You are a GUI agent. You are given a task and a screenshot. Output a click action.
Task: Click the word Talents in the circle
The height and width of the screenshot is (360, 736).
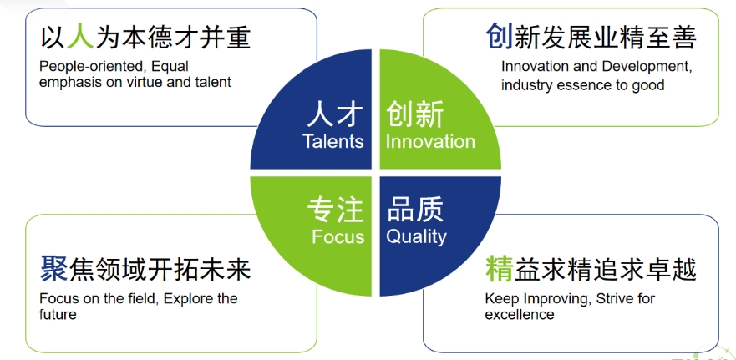click(333, 141)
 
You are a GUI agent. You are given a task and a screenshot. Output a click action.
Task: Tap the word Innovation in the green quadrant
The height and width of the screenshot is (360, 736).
click(430, 141)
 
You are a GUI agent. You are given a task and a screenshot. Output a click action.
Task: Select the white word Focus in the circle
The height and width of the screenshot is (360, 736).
click(338, 236)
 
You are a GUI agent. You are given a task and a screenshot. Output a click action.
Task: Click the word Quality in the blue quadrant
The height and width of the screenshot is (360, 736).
click(416, 236)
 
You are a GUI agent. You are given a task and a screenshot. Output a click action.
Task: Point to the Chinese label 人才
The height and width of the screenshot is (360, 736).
click(335, 115)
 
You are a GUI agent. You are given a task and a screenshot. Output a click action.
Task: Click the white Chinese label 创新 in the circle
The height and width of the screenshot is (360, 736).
click(414, 115)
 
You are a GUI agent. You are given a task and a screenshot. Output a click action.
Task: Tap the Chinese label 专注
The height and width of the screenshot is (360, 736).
click(336, 210)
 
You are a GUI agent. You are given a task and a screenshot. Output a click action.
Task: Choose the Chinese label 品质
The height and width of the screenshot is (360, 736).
click(415, 210)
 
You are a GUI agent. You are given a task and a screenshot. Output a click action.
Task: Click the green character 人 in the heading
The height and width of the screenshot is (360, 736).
click(81, 37)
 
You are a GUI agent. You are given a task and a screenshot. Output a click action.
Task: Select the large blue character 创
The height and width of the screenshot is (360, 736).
click(499, 37)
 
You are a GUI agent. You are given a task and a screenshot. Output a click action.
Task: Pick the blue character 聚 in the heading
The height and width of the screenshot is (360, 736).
click(53, 270)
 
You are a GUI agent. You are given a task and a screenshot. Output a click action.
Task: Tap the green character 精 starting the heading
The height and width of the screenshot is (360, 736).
click(499, 270)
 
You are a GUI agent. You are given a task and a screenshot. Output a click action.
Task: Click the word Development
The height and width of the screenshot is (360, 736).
click(647, 67)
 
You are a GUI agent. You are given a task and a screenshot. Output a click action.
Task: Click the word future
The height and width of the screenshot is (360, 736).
click(58, 314)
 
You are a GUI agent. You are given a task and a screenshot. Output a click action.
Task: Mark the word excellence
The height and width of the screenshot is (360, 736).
click(520, 314)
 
